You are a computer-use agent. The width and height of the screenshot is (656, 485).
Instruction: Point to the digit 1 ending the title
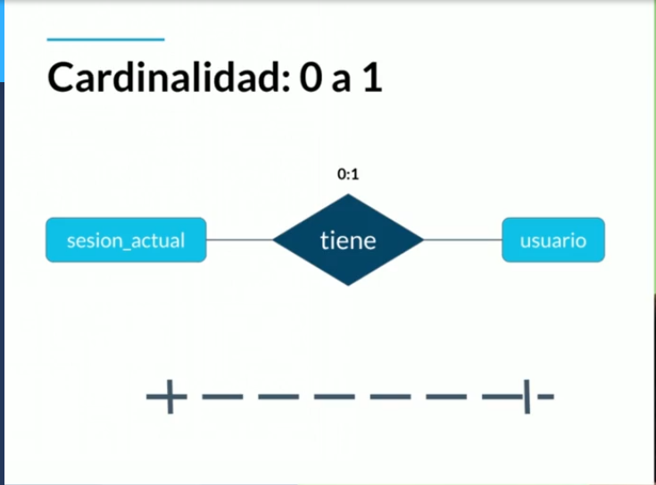(372, 79)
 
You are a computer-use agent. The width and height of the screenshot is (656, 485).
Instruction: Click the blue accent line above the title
(105, 39)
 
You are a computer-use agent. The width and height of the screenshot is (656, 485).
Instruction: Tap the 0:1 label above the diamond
(347, 175)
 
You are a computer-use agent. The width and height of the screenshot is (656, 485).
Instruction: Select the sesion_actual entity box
(126, 239)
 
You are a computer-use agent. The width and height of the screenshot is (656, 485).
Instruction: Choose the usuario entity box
(552, 239)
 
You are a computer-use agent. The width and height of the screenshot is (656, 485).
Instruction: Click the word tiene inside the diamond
(347, 240)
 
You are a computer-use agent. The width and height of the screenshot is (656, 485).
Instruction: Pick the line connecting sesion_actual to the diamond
(239, 239)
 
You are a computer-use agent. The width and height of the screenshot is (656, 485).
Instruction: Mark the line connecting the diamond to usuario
(461, 239)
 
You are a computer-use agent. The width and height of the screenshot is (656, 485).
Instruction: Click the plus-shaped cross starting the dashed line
(167, 396)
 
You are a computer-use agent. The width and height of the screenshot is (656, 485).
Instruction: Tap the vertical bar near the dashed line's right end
(527, 396)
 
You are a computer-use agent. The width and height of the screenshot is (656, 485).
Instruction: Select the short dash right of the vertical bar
(545, 396)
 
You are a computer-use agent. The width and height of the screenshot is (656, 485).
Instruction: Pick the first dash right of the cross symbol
(222, 396)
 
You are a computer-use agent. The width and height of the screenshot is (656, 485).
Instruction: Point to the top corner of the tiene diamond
(347, 197)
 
